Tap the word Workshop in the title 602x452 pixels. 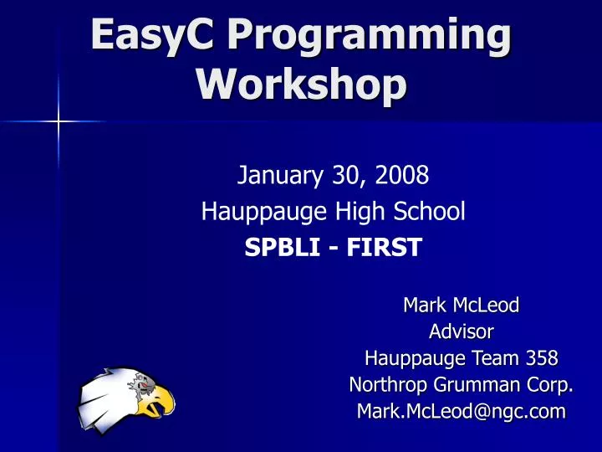click(x=301, y=85)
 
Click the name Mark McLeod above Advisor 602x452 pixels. click(x=461, y=306)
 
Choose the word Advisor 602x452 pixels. click(x=461, y=332)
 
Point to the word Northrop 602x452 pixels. click(x=386, y=385)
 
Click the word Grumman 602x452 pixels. click(x=479, y=385)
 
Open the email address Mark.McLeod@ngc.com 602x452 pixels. click(x=461, y=412)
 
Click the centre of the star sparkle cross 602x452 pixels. click(x=59, y=122)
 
